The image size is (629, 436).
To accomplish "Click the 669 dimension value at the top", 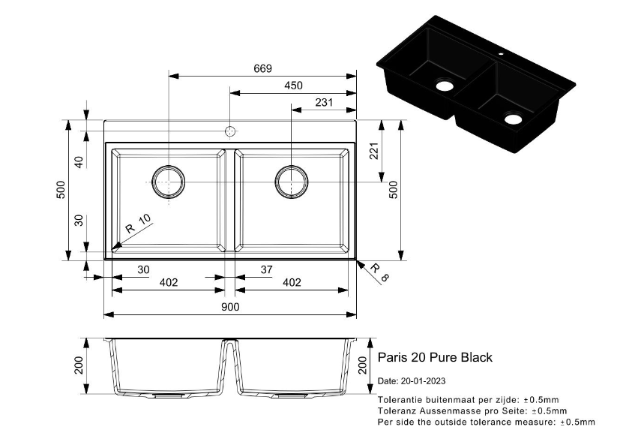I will [262, 68].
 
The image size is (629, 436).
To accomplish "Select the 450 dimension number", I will [293, 86].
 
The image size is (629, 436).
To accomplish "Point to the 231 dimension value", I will [324, 103].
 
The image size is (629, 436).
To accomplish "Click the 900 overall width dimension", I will [230, 307].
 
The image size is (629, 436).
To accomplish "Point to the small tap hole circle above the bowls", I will [230, 132].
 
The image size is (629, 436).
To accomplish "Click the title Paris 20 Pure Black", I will [435, 357].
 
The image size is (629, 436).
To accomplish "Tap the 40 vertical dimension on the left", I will [77, 161].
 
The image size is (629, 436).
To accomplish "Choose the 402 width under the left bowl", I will [169, 282].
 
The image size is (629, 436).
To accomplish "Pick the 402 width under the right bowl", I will [292, 282].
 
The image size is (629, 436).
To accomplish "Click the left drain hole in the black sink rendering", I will [445, 85].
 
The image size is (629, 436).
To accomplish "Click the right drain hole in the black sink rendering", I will [514, 119].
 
